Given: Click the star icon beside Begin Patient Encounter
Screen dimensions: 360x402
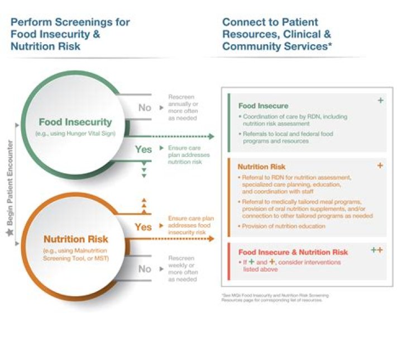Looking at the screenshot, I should [x=9, y=230].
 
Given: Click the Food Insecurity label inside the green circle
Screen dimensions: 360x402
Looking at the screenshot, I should [x=75, y=121].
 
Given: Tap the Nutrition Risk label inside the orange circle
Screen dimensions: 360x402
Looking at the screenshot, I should [x=75, y=239].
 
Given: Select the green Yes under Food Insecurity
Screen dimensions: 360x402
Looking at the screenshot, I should [x=143, y=149].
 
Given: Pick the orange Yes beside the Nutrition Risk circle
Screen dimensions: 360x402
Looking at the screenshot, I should [x=143, y=226].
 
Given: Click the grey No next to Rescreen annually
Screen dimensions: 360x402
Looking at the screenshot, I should [x=145, y=107].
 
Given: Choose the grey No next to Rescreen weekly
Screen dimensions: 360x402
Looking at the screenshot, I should [x=145, y=268].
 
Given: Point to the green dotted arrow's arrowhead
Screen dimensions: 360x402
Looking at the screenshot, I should [x=210, y=136].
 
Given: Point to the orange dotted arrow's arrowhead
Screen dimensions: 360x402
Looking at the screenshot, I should [x=210, y=239].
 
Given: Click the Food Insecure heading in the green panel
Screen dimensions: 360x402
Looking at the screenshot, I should [x=263, y=106].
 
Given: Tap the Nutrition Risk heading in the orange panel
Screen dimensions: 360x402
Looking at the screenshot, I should [x=261, y=167].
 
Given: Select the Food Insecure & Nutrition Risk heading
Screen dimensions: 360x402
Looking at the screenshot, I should [x=293, y=252].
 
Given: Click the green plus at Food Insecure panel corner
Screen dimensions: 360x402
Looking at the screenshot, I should [x=380, y=101].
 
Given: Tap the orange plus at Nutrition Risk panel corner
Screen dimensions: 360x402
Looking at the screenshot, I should [x=380, y=165].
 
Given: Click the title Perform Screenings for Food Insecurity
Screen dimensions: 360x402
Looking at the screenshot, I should [x=70, y=34].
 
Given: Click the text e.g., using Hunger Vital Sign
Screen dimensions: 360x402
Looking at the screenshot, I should [x=75, y=134].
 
